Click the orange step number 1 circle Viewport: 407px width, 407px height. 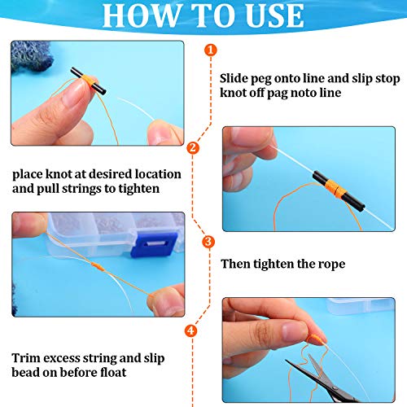[212, 50]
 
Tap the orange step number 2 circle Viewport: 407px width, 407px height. [193, 148]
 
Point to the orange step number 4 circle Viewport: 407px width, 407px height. [191, 331]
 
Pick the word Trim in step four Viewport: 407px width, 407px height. [26, 357]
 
